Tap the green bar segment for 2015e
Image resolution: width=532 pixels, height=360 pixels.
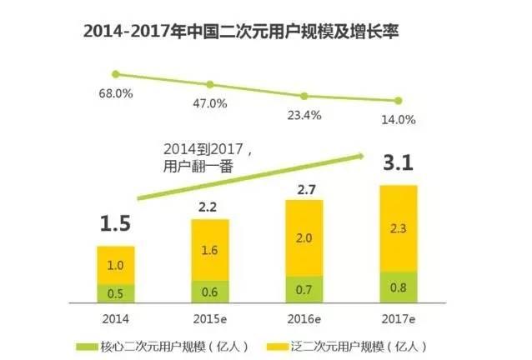point(210,292)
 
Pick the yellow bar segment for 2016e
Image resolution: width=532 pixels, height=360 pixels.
point(304,239)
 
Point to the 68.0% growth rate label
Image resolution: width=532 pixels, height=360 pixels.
point(117,93)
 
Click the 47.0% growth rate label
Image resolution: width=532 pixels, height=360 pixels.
point(209,104)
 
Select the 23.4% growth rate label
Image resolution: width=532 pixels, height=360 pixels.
point(305,114)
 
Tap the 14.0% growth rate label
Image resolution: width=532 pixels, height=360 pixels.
point(399,119)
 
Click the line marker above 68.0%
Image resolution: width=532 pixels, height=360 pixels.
point(116,74)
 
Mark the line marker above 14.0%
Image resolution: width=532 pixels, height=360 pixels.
point(399,100)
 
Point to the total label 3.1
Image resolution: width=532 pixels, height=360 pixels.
point(399,165)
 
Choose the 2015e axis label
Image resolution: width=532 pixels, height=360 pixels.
point(211,318)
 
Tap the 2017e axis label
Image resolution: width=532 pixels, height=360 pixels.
point(399,318)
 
